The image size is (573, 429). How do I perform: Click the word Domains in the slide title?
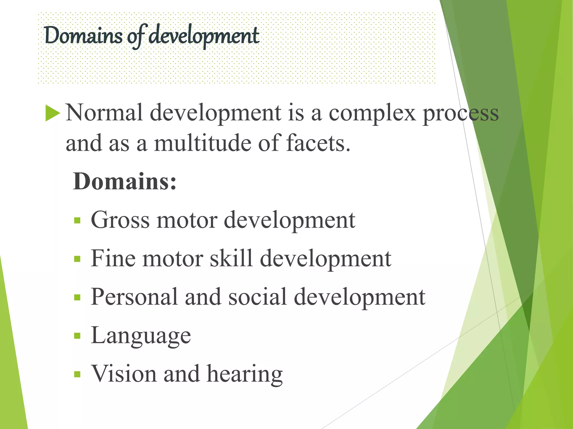83,36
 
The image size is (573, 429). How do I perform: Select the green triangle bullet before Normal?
52,113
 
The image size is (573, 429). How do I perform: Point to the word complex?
372,113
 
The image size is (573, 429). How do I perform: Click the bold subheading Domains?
125,182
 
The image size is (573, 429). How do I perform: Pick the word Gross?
120,220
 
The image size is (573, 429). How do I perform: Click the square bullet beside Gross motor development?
77,221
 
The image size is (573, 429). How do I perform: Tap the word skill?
231,258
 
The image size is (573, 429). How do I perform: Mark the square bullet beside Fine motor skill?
77,259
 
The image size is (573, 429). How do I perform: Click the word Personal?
134,297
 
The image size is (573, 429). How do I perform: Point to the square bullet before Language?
77,336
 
